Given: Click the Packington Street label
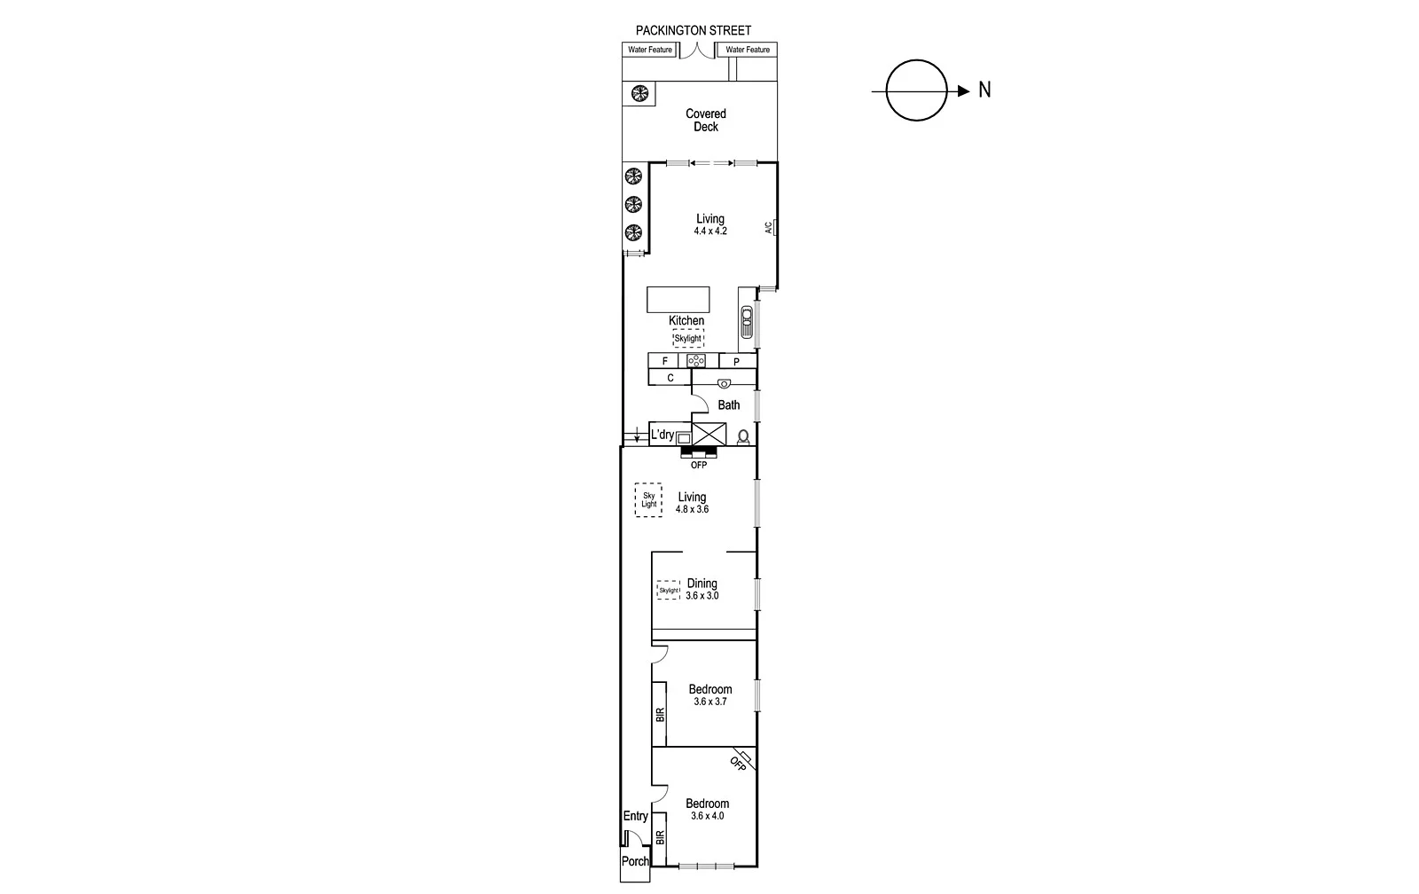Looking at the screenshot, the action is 693,30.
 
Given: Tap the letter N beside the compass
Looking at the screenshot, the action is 984,90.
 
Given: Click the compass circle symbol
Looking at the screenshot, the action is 917,90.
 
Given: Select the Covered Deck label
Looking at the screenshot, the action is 706,120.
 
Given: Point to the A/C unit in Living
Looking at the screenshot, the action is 774,228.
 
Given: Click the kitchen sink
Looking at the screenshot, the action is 747,322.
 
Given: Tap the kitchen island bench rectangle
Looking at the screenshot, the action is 678,299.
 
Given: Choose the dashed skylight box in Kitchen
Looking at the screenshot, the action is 688,338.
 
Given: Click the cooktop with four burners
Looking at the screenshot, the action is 696,361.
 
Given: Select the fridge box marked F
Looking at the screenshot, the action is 664,361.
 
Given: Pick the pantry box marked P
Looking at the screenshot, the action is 736,362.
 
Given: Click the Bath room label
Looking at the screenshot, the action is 729,405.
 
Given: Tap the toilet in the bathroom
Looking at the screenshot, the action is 743,436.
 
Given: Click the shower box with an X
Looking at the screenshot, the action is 709,434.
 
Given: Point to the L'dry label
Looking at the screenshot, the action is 662,435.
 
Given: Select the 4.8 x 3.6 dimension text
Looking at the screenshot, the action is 692,510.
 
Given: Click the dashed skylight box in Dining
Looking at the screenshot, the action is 669,590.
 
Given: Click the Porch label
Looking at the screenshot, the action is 635,861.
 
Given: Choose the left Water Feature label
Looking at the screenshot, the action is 650,50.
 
